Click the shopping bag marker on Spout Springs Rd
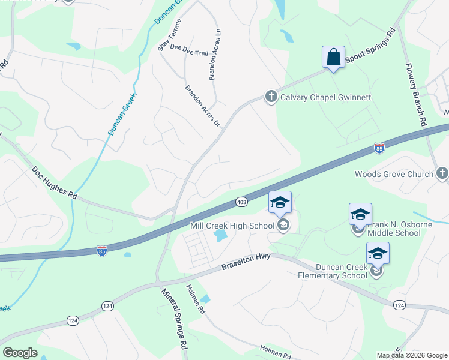333,58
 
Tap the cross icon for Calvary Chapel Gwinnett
271,97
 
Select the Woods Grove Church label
394,174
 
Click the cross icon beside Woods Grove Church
442,174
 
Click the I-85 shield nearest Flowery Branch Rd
379,147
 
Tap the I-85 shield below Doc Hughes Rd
103,249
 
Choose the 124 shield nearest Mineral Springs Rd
107,306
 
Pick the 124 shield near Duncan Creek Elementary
399,305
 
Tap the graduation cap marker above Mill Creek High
280,202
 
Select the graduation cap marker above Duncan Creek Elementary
378,253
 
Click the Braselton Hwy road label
246,262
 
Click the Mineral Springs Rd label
174,318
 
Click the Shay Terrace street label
169,35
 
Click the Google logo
20,353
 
